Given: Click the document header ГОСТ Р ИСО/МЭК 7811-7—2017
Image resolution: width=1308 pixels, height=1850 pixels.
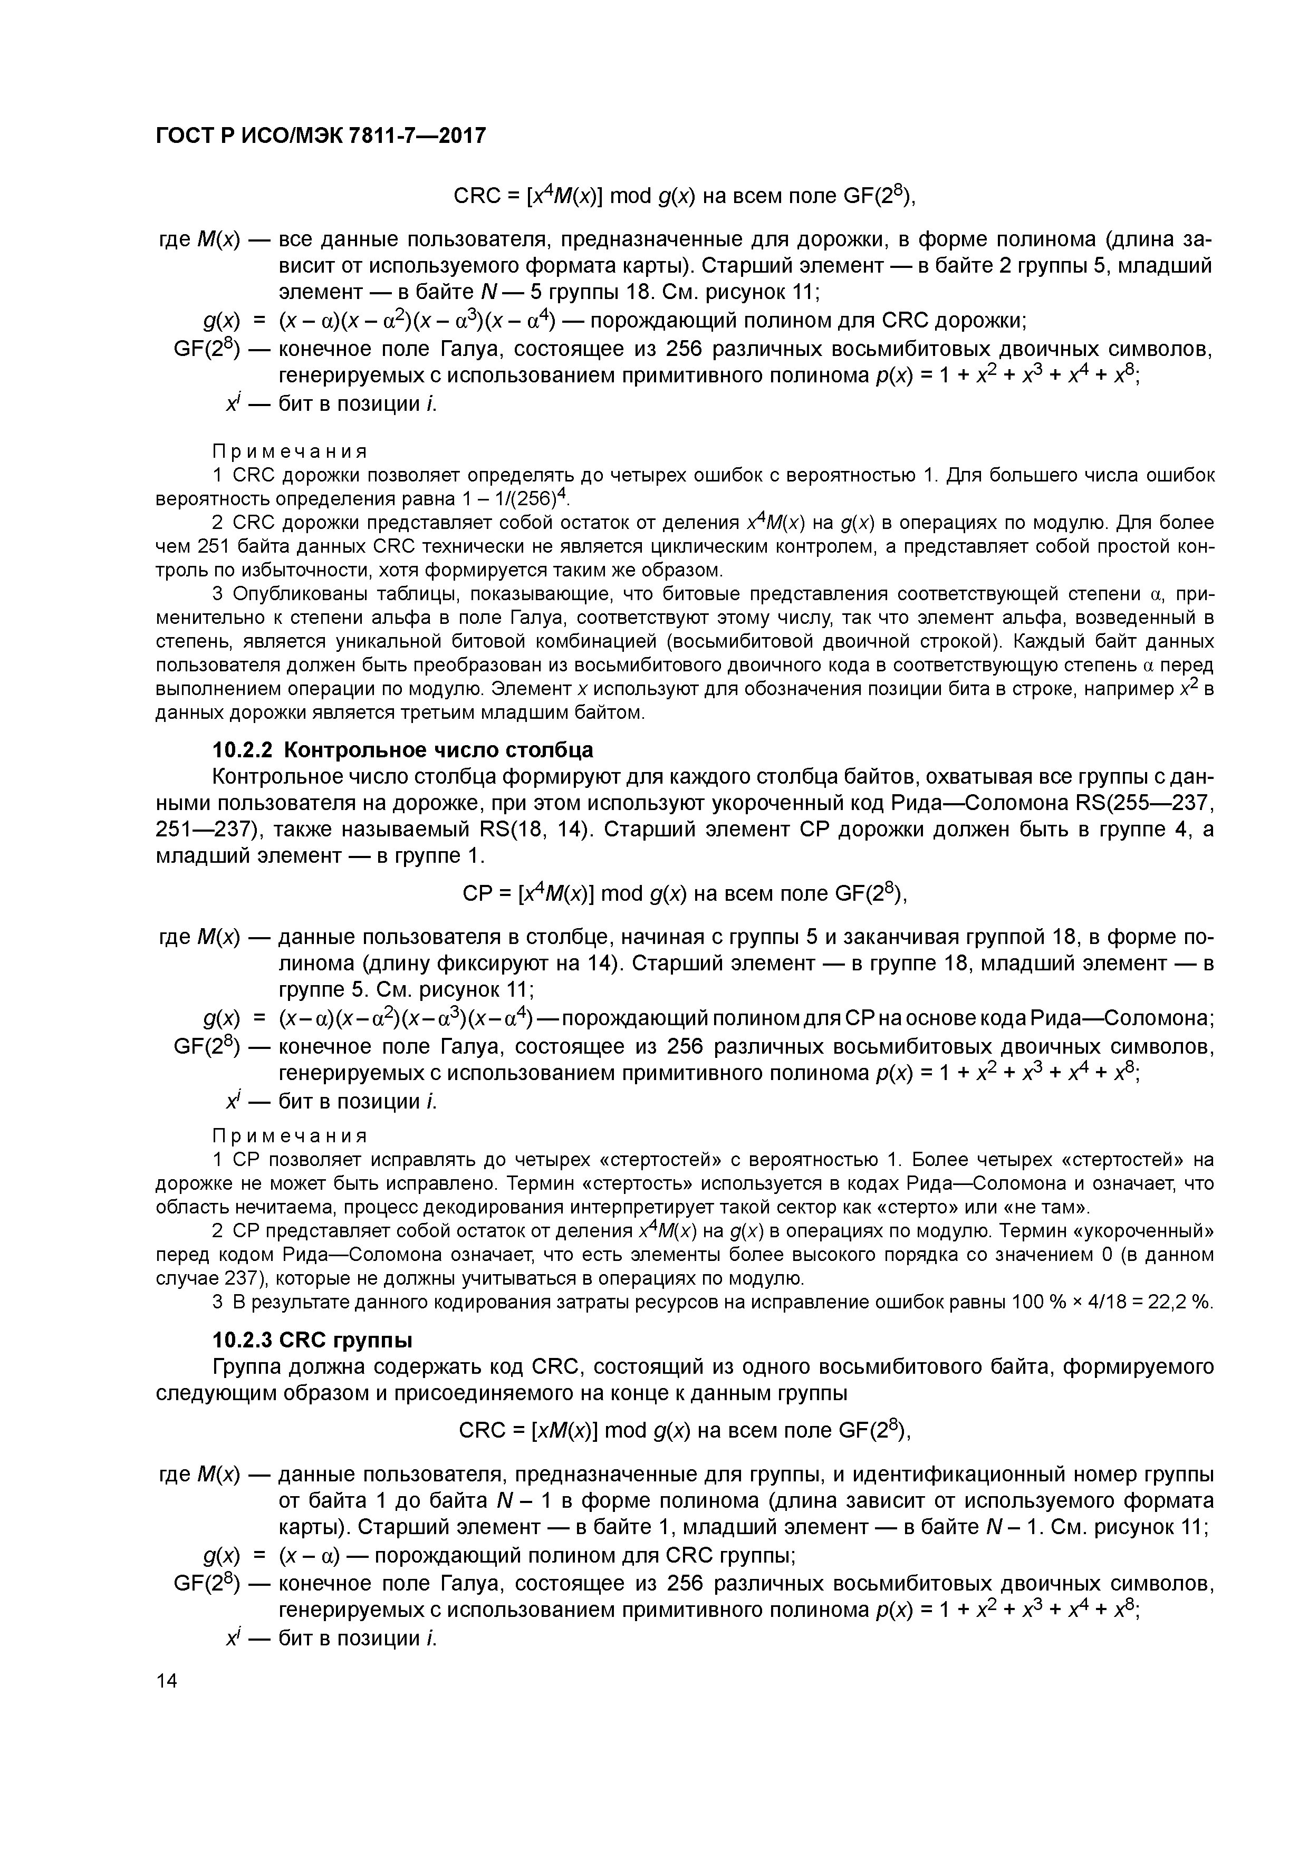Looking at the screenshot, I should [321, 136].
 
